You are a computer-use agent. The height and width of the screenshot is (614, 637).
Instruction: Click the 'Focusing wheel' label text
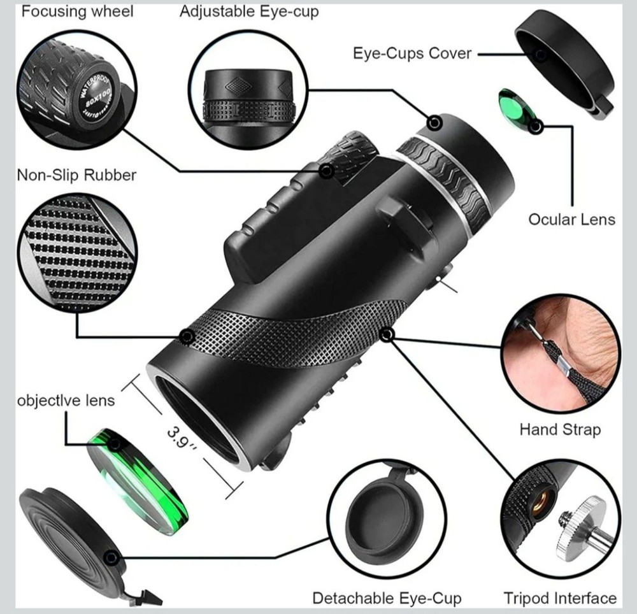[78, 11]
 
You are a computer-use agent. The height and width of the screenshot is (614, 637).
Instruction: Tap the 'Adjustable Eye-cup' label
[249, 11]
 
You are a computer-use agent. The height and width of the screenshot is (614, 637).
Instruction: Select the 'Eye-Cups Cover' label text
[412, 53]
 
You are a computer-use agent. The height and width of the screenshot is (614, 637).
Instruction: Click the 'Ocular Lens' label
[571, 219]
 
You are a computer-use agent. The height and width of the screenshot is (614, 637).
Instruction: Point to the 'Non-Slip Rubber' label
[76, 175]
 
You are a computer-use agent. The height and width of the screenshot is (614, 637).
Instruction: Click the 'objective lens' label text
[65, 400]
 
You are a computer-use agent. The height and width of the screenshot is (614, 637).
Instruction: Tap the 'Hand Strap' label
[559, 429]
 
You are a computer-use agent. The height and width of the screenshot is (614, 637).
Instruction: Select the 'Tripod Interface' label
[560, 598]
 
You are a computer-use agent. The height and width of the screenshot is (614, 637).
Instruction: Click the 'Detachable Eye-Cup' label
[387, 598]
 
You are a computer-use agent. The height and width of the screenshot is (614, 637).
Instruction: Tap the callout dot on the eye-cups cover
[541, 55]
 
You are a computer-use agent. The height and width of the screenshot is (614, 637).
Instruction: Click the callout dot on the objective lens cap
[111, 558]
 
